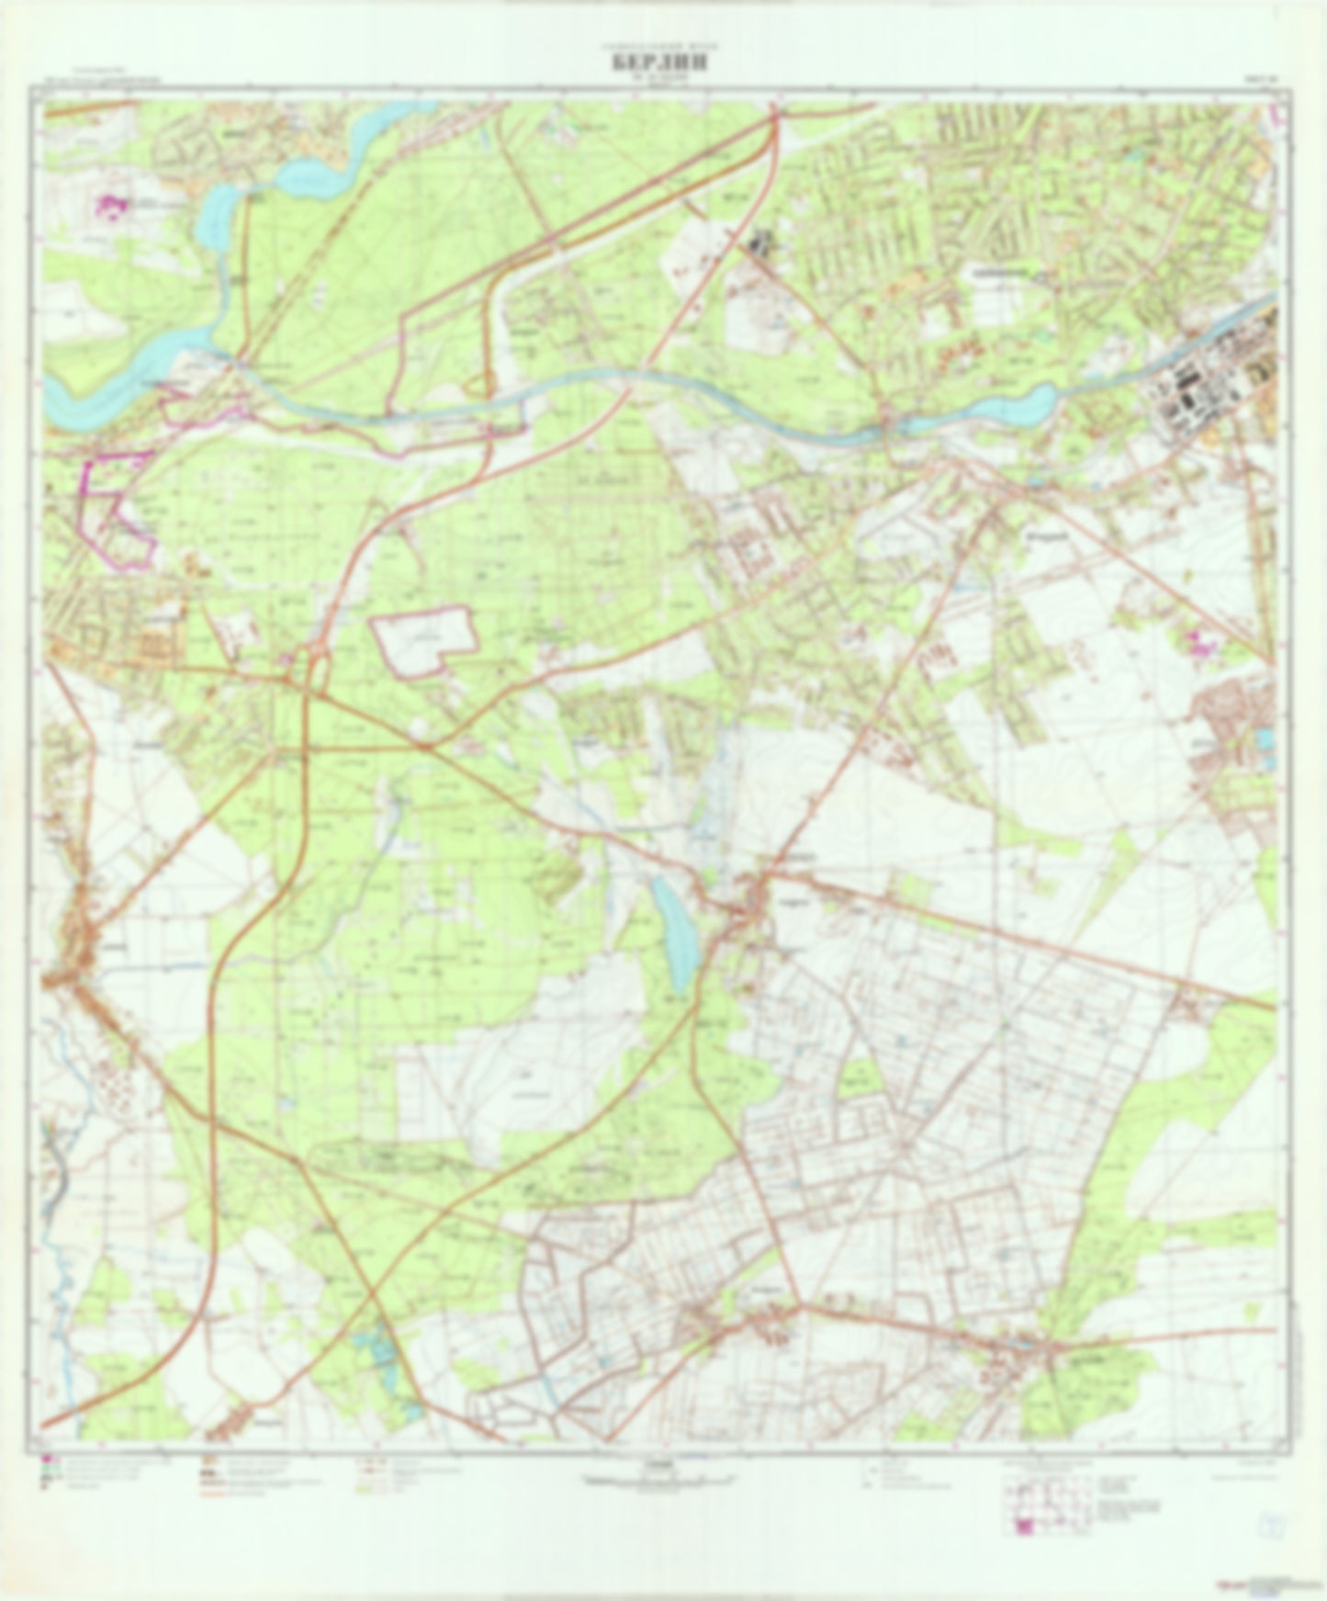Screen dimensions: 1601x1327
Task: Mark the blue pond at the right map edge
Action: point(1267,738)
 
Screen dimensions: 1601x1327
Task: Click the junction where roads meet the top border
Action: point(775,107)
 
